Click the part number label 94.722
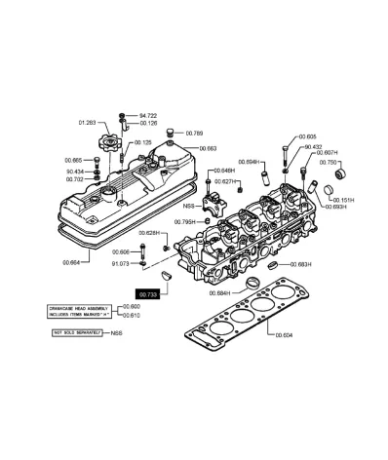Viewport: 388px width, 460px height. click(149, 115)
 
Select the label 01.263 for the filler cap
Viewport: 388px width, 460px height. click(88, 124)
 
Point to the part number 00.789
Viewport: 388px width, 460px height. click(195, 134)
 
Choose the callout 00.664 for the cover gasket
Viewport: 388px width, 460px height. click(71, 262)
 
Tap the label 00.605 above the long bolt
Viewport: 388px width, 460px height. click(307, 137)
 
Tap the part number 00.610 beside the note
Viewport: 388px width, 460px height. click(128, 316)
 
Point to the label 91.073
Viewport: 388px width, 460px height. click(121, 263)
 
